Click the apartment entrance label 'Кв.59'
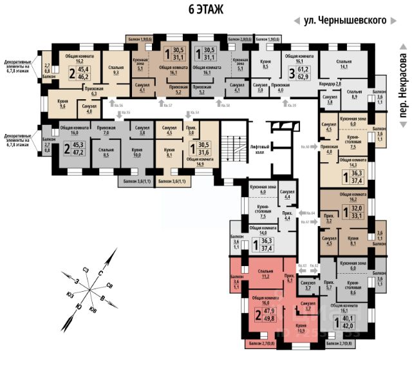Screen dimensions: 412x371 click(292, 105)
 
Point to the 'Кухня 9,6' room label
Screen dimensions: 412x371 click(62, 105)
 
